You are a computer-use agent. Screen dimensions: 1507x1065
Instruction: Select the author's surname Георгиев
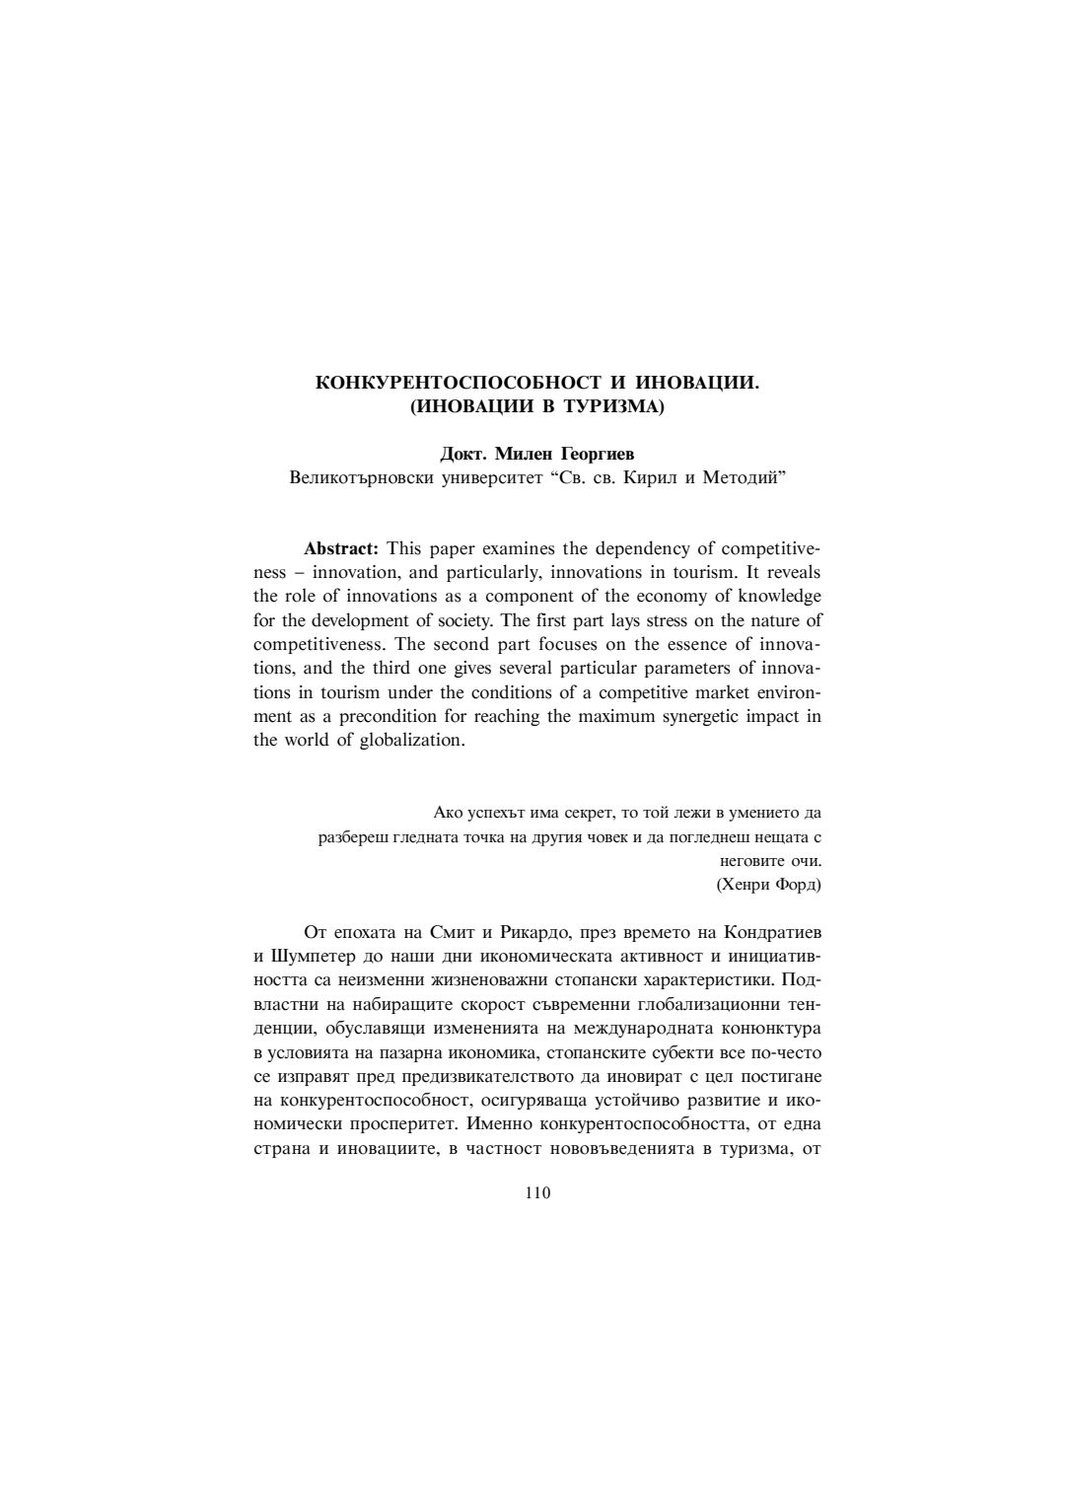[599, 455]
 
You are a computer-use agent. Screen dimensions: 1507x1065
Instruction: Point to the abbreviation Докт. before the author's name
[463, 455]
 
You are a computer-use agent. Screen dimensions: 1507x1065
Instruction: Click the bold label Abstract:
[341, 548]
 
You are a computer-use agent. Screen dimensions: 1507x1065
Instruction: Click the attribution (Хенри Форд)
[768, 884]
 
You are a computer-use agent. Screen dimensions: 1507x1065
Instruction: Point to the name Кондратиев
[772, 932]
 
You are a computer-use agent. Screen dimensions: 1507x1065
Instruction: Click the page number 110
[537, 1192]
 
